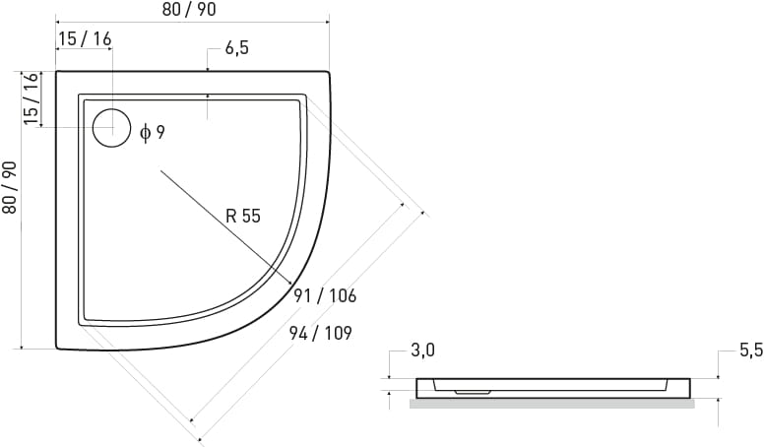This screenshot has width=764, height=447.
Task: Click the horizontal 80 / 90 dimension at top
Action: [x=189, y=9]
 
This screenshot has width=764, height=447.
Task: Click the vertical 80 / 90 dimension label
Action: [x=10, y=187]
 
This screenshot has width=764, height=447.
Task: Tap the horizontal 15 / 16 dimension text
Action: [x=85, y=38]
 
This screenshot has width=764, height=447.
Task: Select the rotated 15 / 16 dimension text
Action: [x=31, y=98]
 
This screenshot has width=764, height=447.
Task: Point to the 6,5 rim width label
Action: [x=237, y=48]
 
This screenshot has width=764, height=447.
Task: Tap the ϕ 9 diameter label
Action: [x=152, y=132]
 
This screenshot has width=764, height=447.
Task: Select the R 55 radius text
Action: [x=243, y=216]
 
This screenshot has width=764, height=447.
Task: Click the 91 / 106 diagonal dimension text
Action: [x=325, y=295]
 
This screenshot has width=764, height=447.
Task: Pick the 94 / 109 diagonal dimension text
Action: [x=321, y=333]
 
